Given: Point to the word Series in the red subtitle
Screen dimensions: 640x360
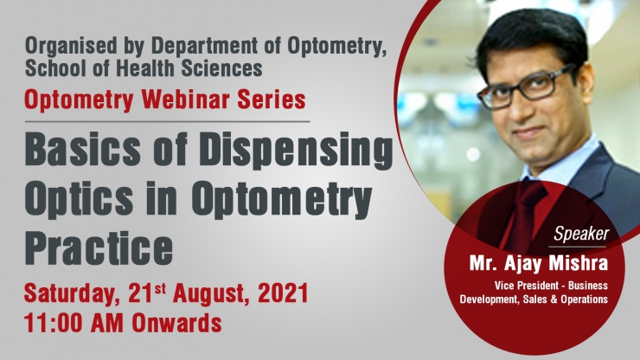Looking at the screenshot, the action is click(271, 100).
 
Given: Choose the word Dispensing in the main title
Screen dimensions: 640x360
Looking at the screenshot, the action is click(297, 151).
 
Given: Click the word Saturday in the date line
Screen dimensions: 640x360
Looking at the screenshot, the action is click(70, 294).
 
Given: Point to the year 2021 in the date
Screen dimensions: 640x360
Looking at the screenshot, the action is click(283, 292).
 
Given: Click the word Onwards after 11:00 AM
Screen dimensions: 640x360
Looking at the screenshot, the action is click(176, 323).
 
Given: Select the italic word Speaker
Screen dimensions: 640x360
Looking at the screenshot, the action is click(581, 235).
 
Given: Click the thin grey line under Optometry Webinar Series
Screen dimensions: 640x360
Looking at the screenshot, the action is click(167, 121).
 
